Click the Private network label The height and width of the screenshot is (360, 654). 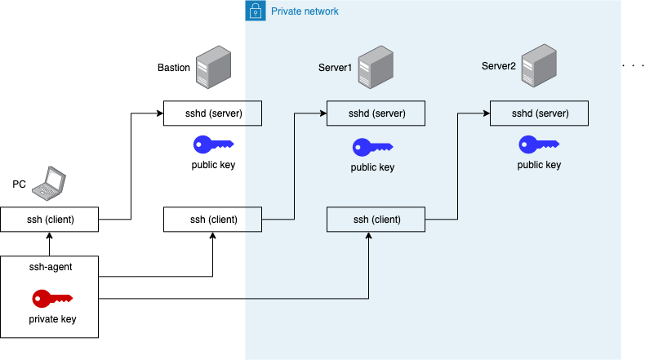pos(305,11)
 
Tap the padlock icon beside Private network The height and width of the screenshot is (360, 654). pos(256,11)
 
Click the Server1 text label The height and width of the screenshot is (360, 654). pos(335,67)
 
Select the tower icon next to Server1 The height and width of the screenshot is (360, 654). pos(376,67)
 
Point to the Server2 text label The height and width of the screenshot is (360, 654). pos(498,65)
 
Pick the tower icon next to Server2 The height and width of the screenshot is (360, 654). pos(540,65)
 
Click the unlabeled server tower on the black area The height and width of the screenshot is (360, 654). pos(213,67)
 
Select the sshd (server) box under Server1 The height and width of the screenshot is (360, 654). pos(376,113)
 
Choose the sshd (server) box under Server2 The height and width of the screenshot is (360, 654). pos(539,113)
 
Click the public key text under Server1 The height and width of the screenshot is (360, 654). pos(372,168)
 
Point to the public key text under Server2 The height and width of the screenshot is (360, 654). pos(539,165)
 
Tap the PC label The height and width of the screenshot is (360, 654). pos(19,184)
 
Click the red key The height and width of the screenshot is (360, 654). pos(51,299)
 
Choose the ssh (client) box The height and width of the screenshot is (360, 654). pos(376,219)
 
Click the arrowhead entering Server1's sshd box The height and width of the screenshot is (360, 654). pos(323,113)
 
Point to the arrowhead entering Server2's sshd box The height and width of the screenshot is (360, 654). pos(486,113)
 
